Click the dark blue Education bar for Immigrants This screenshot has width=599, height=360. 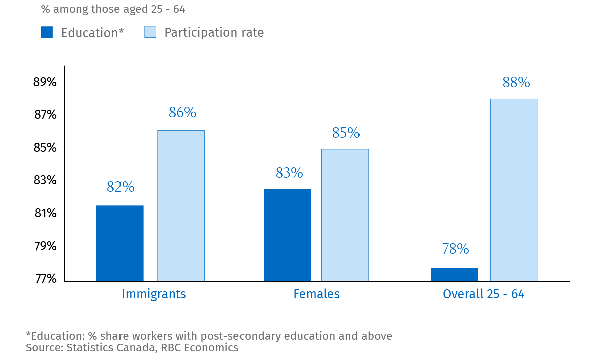[119, 243]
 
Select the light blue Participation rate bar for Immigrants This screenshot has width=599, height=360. [181, 205]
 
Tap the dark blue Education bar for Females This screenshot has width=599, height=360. [287, 235]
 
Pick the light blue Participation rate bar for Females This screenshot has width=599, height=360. [345, 215]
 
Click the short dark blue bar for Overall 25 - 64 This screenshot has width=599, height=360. [454, 274]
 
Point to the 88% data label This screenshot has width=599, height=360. [516, 82]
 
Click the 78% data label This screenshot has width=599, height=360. [455, 249]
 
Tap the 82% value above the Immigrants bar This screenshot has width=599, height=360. [121, 187]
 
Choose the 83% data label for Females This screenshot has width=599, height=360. [289, 173]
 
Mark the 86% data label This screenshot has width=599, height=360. [182, 113]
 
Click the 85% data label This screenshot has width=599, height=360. [346, 133]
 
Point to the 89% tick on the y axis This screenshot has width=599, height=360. [45, 82]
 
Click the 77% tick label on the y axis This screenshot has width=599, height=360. [45, 279]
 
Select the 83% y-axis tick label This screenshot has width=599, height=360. [45, 180]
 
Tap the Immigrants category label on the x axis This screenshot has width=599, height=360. [154, 294]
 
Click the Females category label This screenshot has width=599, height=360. [316, 294]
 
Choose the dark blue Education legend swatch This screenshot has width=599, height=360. [47, 32]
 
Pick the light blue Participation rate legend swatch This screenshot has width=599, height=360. [150, 32]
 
